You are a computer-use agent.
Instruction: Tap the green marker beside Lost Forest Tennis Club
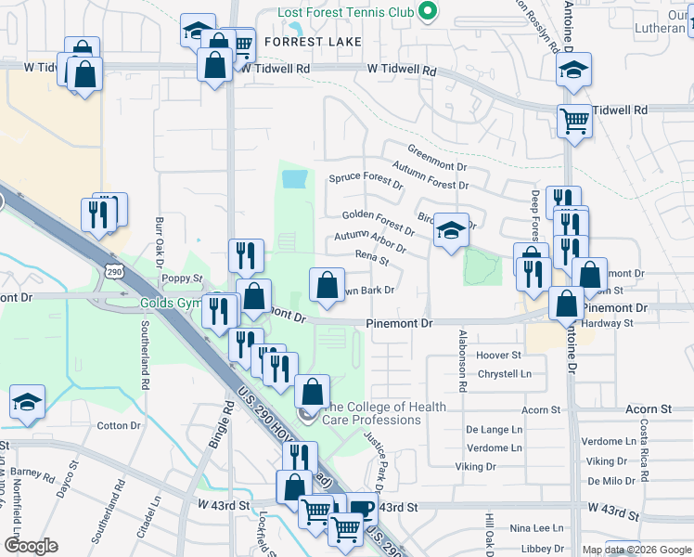(427, 12)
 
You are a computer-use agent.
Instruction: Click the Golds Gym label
(171, 304)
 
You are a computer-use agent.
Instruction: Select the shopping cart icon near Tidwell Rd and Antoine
(574, 121)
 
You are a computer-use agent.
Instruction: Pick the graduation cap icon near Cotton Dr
(28, 401)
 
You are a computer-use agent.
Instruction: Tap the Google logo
(32, 546)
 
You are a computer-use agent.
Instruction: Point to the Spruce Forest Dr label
(366, 180)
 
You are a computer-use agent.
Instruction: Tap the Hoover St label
(499, 356)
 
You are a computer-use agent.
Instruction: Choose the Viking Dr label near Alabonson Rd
(475, 466)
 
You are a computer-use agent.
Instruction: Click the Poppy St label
(182, 278)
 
